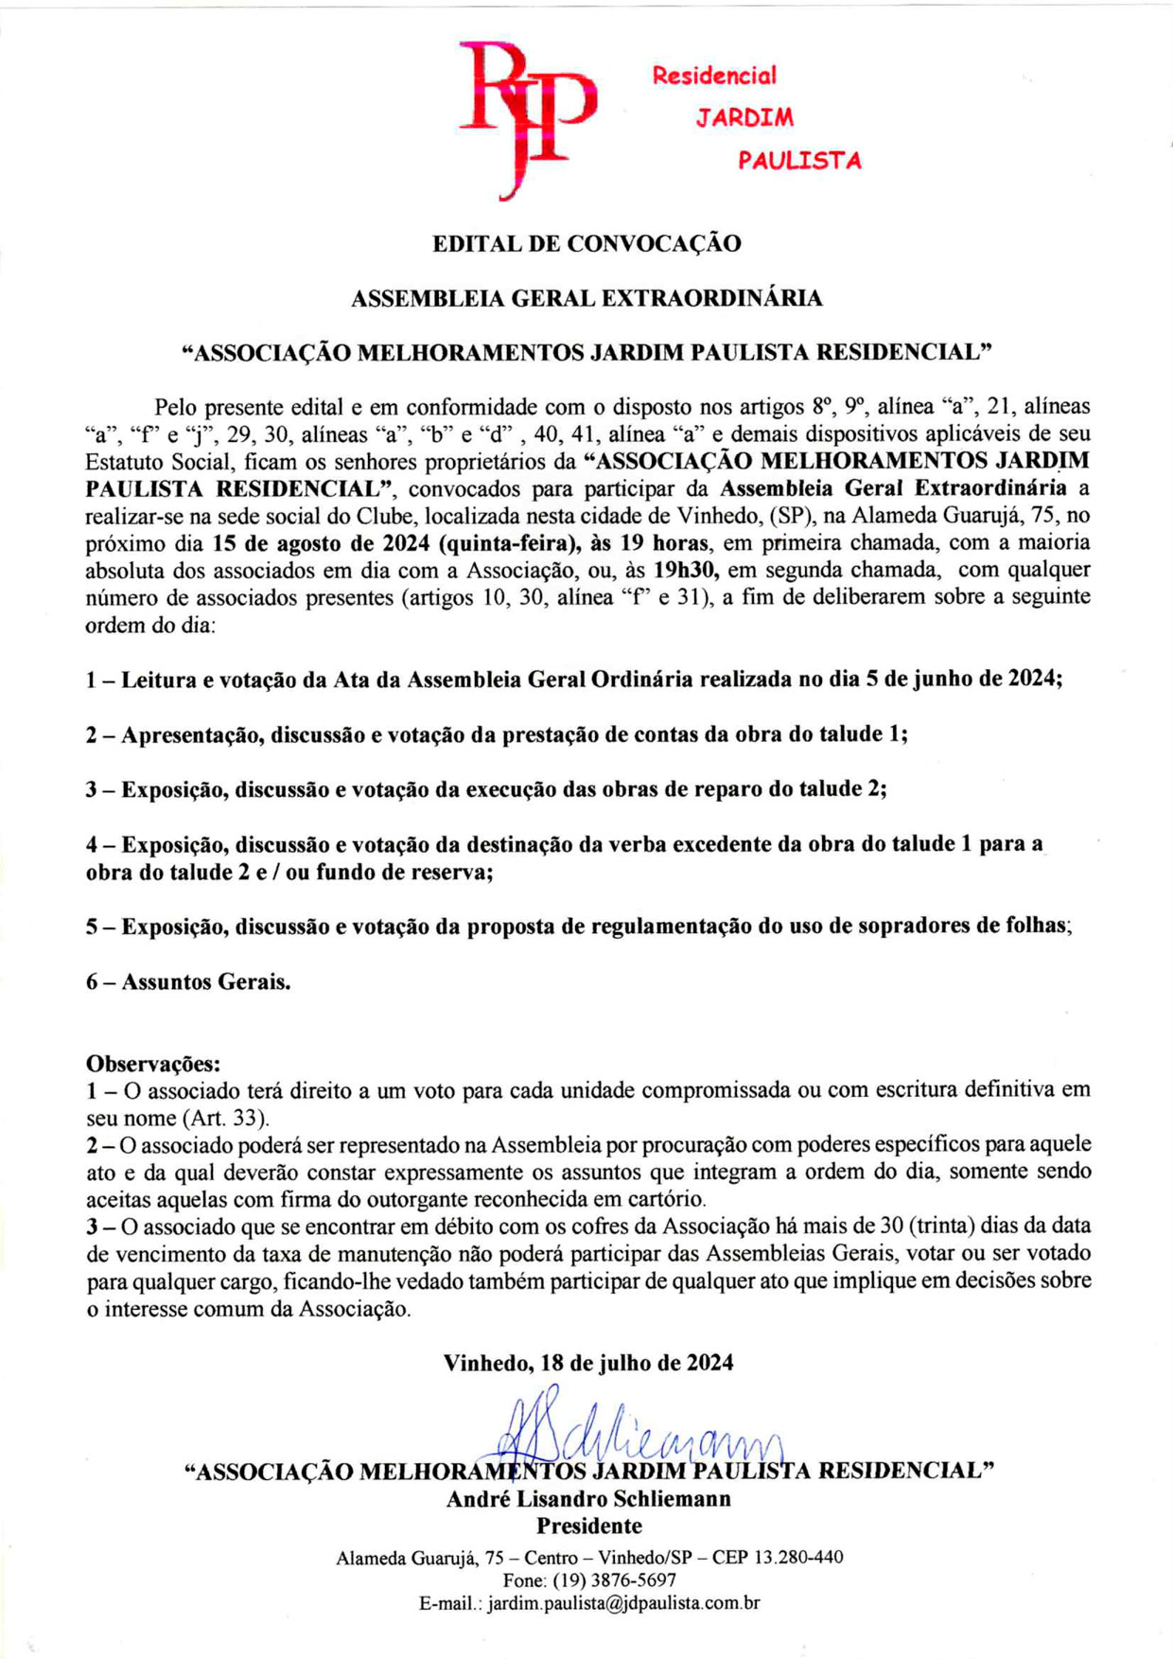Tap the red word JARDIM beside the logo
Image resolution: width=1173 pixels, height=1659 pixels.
pyautogui.click(x=744, y=118)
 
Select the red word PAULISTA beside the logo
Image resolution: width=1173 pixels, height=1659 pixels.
pyautogui.click(x=799, y=161)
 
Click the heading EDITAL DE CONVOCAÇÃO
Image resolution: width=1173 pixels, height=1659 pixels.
pyautogui.click(x=586, y=244)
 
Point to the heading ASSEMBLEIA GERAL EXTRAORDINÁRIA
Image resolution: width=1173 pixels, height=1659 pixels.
pyautogui.click(x=586, y=299)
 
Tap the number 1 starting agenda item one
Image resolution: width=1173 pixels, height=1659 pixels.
pyautogui.click(x=92, y=680)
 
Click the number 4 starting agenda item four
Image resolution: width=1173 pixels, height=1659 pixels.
pyautogui.click(x=92, y=844)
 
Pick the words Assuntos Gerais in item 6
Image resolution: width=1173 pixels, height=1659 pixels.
pyautogui.click(x=205, y=982)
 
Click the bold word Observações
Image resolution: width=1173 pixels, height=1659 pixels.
pyautogui.click(x=153, y=1063)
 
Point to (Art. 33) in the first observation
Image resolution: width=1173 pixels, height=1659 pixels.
pyautogui.click(x=224, y=1118)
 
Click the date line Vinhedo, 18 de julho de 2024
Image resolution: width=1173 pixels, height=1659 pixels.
pyautogui.click(x=588, y=1363)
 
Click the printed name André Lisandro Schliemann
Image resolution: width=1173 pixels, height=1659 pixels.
pyautogui.click(x=588, y=1499)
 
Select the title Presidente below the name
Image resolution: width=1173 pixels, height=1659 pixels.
pyautogui.click(x=588, y=1526)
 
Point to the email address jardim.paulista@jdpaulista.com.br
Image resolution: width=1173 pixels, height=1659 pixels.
pyautogui.click(x=623, y=1603)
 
